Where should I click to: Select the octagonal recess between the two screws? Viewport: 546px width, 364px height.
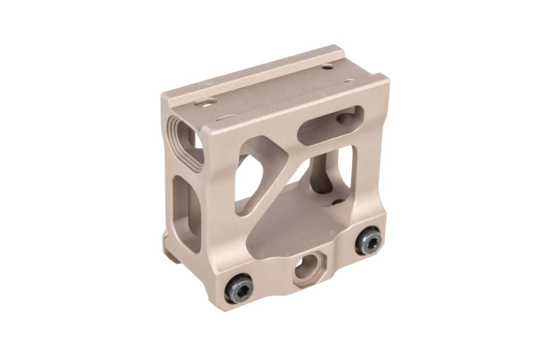pos(307,264)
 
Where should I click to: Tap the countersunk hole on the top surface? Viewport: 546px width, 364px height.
pos(205,105)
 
